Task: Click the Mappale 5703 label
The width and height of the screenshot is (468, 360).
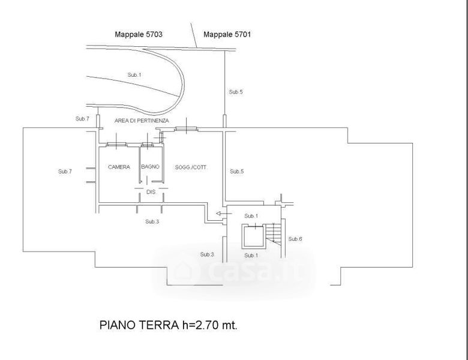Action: tap(139, 34)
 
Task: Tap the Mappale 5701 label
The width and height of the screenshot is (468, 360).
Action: tap(227, 34)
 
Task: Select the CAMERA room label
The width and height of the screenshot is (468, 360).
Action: tap(119, 167)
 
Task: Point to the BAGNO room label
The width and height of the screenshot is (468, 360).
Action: tap(150, 167)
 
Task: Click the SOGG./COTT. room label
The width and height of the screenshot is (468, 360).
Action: tap(190, 167)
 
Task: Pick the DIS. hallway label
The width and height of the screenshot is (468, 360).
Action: tap(151, 192)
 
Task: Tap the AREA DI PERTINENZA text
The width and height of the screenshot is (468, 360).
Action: tap(142, 121)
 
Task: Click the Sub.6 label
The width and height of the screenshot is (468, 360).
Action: tap(295, 239)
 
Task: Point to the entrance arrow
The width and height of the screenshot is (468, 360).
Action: tap(221, 214)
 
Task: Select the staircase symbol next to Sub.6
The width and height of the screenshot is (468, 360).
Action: tap(274, 234)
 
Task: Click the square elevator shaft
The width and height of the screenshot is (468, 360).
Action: tap(253, 238)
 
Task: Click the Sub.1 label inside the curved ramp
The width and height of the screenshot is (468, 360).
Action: tap(134, 75)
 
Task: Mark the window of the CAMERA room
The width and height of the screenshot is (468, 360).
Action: tap(117, 145)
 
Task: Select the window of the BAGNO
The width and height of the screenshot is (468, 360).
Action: tap(147, 145)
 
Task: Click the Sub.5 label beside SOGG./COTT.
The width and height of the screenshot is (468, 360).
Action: tap(236, 172)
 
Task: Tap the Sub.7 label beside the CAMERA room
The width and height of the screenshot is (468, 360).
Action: tap(65, 172)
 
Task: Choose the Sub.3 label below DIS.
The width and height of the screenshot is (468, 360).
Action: tap(152, 221)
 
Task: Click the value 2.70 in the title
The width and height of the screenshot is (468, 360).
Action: tap(208, 325)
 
